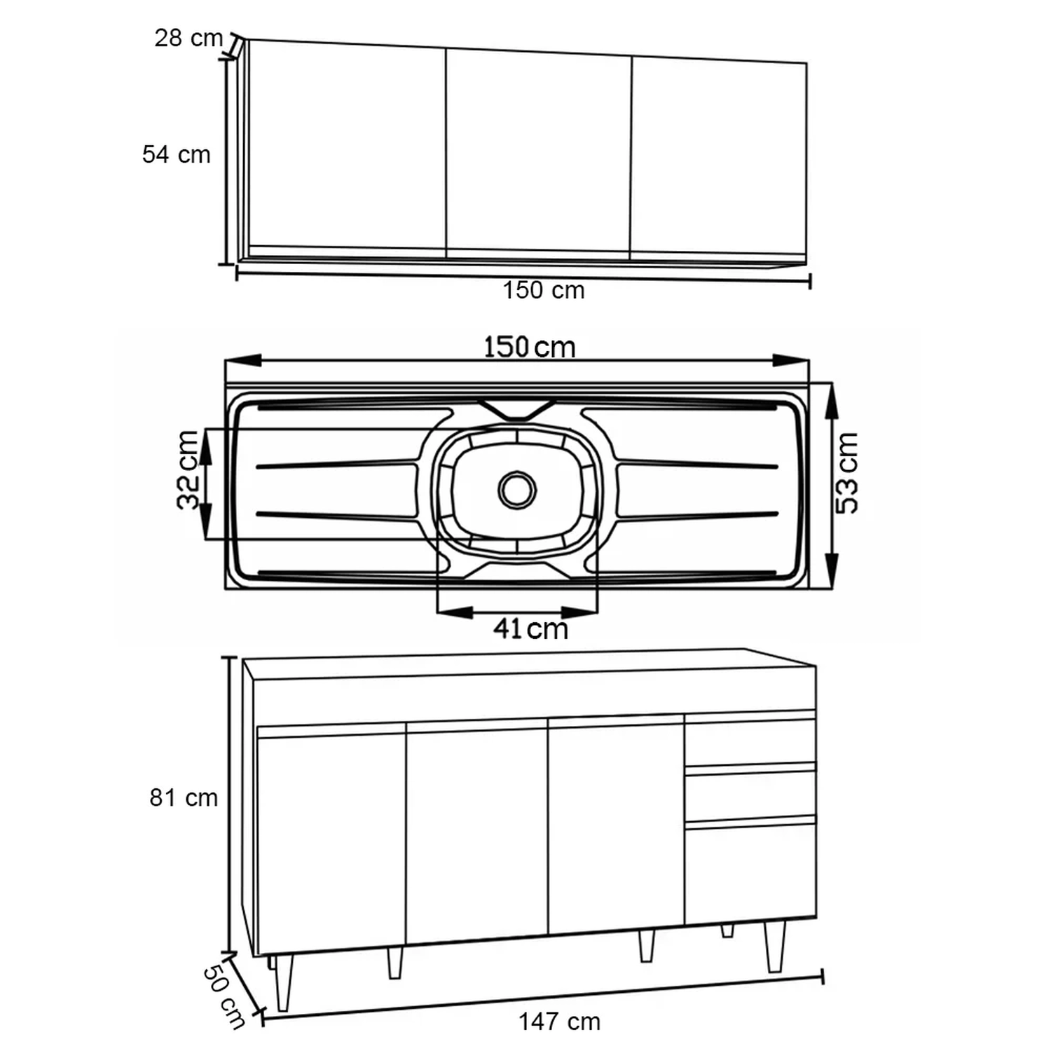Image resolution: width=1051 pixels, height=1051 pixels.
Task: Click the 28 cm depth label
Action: pos(188,38)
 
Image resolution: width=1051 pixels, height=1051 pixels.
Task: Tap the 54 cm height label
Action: pos(177,154)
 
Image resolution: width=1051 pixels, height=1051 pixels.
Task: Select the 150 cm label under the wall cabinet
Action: pos(544,290)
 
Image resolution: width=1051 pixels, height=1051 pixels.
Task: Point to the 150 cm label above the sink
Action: pos(530,347)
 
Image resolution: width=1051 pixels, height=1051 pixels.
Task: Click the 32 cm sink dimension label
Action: pos(188,469)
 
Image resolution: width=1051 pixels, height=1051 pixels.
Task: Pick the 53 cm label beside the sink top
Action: pos(846,473)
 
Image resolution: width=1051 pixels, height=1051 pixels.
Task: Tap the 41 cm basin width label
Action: pos(530,628)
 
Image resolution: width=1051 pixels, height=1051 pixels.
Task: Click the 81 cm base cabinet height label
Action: pos(184,797)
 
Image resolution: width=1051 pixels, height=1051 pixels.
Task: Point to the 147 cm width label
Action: pos(560,1022)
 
